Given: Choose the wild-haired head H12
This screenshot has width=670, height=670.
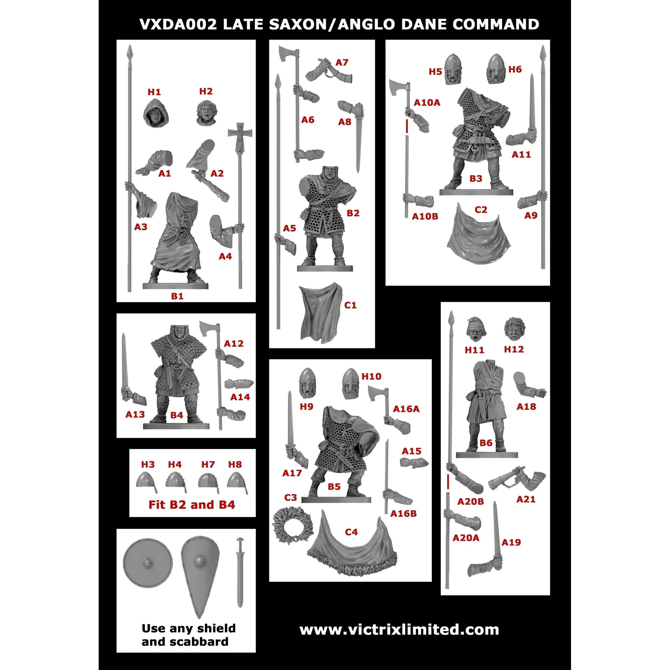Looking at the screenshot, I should (514, 329).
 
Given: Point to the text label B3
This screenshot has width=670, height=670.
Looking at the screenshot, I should (475, 178).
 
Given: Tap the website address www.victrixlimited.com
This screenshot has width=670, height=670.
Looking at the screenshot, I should (399, 629).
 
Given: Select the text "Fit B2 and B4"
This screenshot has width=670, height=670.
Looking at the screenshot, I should (192, 505).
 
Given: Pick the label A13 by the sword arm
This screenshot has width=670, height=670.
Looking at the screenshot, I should (135, 414).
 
